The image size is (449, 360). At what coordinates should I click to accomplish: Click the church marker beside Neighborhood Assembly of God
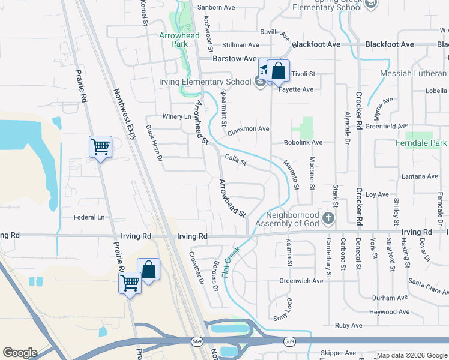[x=328, y=218]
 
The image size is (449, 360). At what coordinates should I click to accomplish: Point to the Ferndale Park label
[x=421, y=143]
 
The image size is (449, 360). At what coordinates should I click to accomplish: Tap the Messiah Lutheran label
[x=414, y=74]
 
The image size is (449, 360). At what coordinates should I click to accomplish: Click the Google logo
[x=20, y=353]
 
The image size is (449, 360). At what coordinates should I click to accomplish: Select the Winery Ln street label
[x=176, y=116]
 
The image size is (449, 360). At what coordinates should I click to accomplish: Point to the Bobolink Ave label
[x=303, y=143]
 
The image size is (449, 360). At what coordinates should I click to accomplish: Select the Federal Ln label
[x=89, y=217]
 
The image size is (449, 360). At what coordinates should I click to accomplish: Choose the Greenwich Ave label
[x=301, y=280]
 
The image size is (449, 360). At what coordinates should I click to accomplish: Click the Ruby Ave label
[x=349, y=326]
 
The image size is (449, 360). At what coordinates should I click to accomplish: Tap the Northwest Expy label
[x=125, y=115]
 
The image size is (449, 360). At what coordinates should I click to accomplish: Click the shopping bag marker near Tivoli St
[x=279, y=72]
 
